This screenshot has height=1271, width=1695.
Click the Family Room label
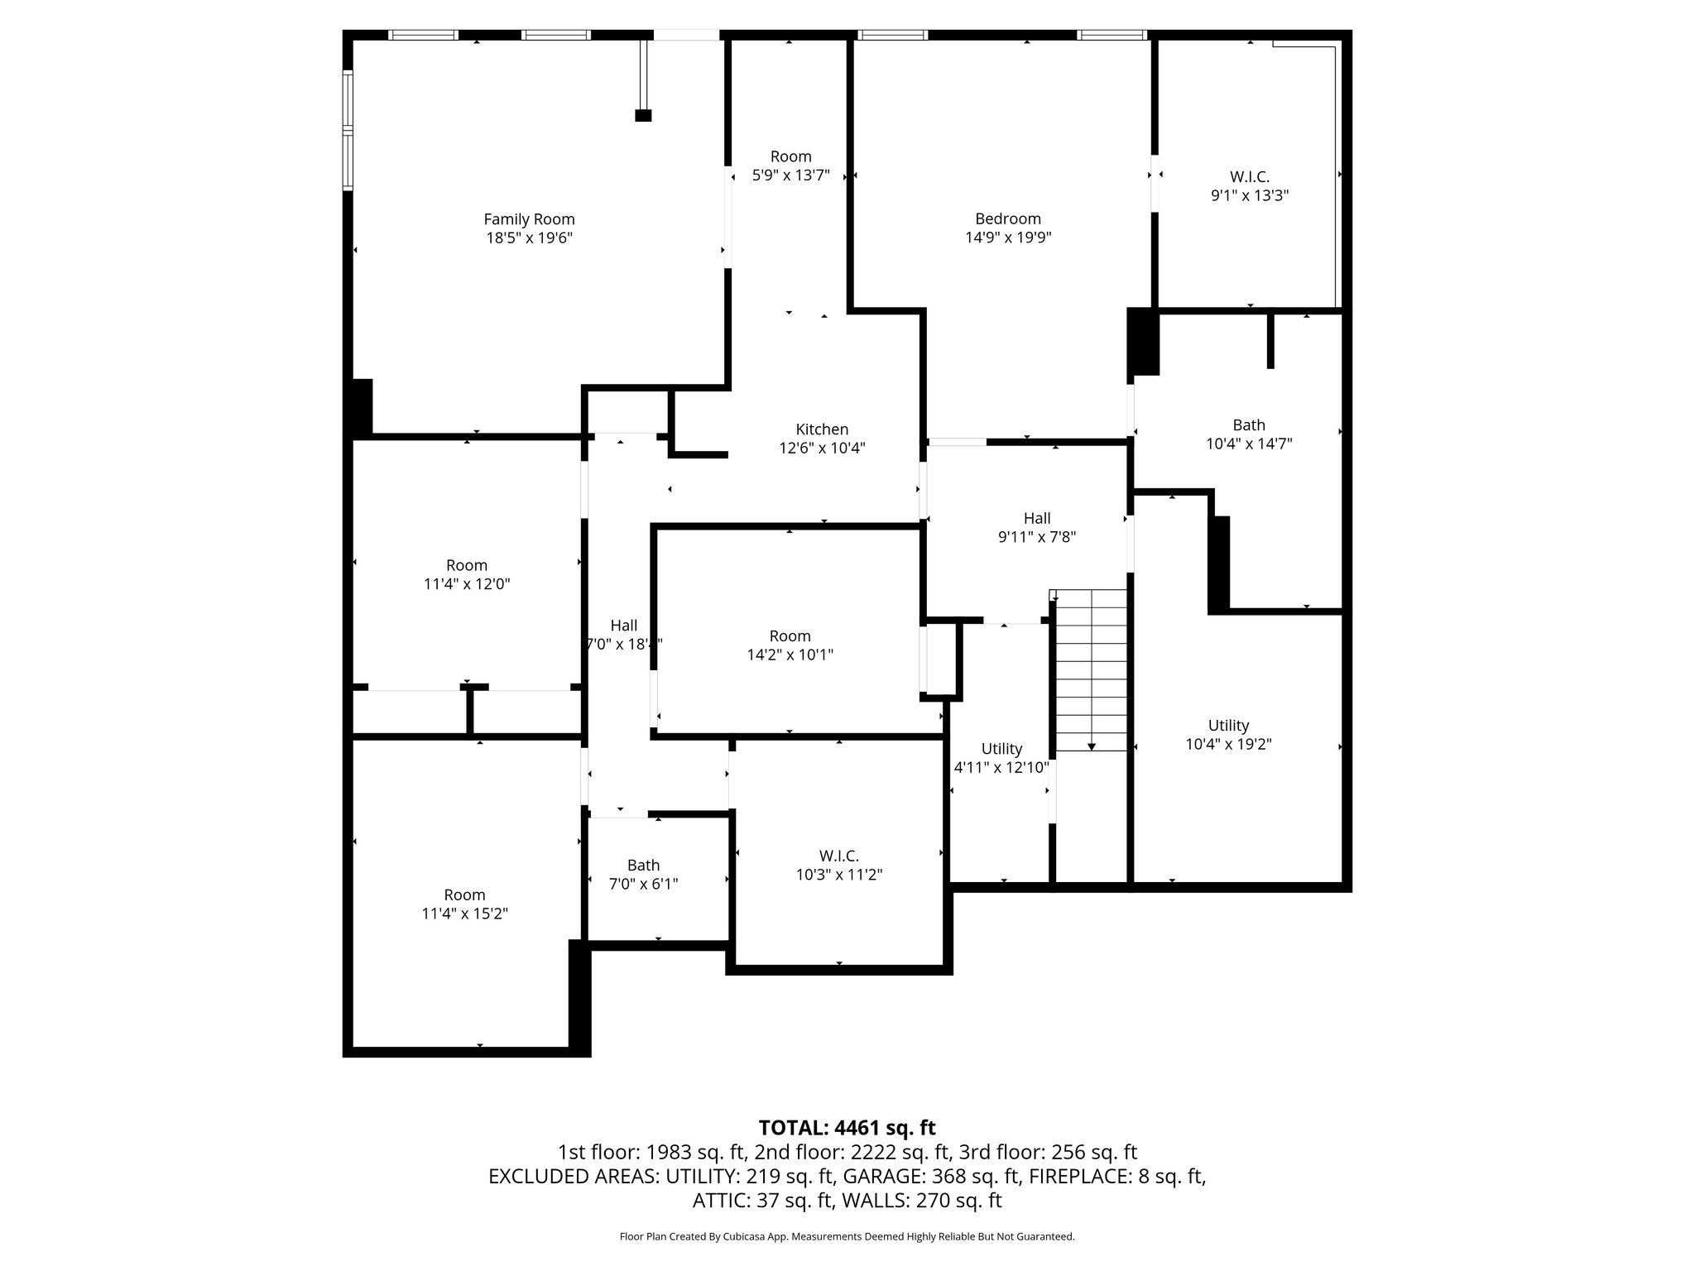point(529,219)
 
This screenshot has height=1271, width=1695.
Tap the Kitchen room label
point(822,429)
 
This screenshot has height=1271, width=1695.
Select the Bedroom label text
point(1008,218)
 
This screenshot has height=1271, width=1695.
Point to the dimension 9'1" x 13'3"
point(1250,195)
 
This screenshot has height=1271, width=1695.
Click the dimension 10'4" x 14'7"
point(1249,444)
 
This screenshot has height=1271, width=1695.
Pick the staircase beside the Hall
point(1092,670)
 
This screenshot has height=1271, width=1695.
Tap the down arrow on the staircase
point(1092,746)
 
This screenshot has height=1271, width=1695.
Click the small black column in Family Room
point(643,115)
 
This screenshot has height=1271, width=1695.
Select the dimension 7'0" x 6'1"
point(643,884)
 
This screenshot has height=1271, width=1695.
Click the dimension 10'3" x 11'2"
point(839,875)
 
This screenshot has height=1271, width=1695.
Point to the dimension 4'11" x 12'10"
point(1001,767)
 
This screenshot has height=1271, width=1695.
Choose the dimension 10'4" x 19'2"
point(1228,744)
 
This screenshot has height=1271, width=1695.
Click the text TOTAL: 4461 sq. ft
point(847,1128)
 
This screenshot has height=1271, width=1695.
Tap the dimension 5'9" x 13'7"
point(790,175)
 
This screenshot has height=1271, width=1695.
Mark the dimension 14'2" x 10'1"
point(790,655)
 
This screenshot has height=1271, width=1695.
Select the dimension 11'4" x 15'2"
point(464,914)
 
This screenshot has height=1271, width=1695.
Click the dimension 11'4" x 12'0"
point(467,583)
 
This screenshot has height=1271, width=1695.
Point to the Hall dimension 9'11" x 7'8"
point(1037,536)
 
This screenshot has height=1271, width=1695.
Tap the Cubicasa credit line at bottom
point(847,1236)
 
